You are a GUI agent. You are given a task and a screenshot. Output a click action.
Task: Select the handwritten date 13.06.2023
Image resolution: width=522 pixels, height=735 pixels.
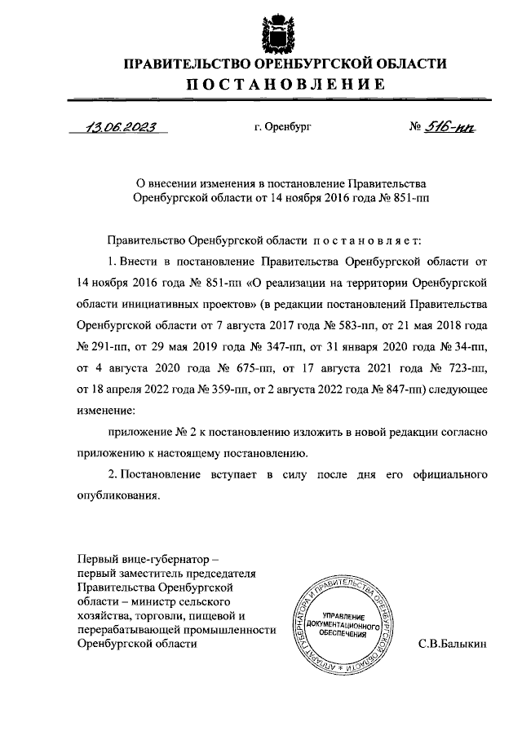click(121, 126)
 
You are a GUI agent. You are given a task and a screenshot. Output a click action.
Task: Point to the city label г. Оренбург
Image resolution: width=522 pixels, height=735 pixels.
click(282, 127)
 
